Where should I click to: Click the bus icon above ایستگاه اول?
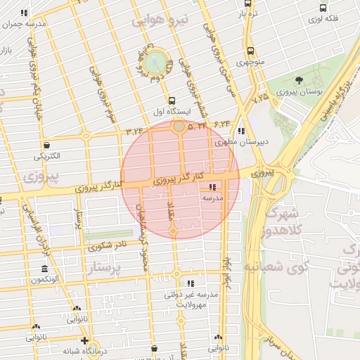172,101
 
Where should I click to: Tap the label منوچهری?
251,63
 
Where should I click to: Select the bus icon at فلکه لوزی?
323,8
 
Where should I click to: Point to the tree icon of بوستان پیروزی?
300,80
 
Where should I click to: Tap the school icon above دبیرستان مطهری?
241,130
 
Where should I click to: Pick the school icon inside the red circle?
212,188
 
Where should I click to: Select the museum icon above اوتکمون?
44,270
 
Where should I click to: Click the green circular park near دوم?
156,61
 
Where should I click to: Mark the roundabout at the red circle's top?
179,127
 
